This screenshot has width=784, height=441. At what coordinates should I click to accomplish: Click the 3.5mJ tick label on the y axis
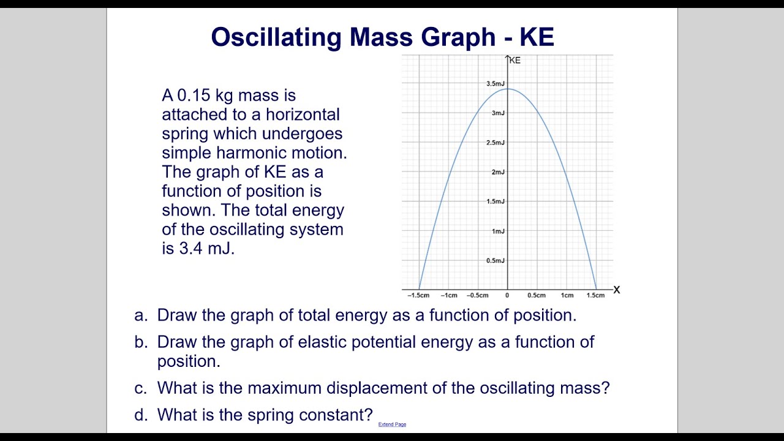pyautogui.click(x=496, y=83)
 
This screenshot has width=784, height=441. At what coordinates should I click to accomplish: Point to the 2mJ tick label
pyautogui.click(x=497, y=172)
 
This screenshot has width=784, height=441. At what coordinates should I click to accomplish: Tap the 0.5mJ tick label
pyautogui.click(x=496, y=261)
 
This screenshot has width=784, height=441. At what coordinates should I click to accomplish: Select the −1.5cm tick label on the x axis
pyautogui.click(x=418, y=295)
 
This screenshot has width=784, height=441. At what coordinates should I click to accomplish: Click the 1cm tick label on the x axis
pyautogui.click(x=567, y=295)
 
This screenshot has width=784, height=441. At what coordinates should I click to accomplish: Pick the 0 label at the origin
pyautogui.click(x=507, y=295)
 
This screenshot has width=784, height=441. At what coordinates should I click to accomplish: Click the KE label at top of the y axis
pyautogui.click(x=515, y=60)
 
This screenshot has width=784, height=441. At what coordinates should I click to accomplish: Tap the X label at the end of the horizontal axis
pyautogui.click(x=616, y=290)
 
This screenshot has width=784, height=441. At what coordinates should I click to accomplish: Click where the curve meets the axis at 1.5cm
pyautogui.click(x=596, y=289)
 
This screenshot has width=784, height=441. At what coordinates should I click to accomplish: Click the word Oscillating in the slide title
pyautogui.click(x=276, y=37)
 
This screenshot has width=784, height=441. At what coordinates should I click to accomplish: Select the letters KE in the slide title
pyautogui.click(x=537, y=37)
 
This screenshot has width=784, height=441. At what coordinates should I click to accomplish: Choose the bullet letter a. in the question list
pyautogui.click(x=141, y=315)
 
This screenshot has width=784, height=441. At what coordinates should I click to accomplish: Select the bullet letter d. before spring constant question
pyautogui.click(x=141, y=415)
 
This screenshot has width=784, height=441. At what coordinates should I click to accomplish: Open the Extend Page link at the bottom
pyautogui.click(x=392, y=424)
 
